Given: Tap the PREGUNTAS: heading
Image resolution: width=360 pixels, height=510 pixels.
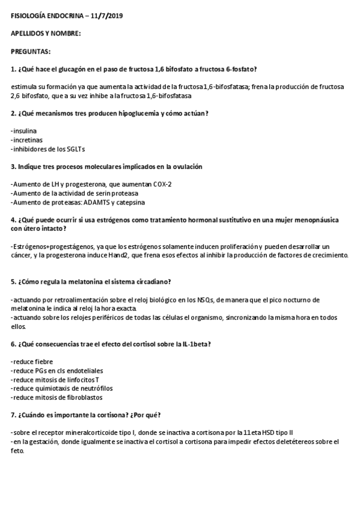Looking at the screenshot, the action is [31, 51].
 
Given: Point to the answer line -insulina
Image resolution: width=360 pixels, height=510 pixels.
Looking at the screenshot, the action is [23, 131].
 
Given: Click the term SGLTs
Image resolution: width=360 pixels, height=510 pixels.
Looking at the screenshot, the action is [76, 149].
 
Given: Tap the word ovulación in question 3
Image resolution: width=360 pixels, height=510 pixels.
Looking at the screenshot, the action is [185, 166].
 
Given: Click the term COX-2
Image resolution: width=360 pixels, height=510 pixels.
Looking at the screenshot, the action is [161, 184].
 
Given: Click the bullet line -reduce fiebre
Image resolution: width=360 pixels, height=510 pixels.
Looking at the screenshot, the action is [32, 361].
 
